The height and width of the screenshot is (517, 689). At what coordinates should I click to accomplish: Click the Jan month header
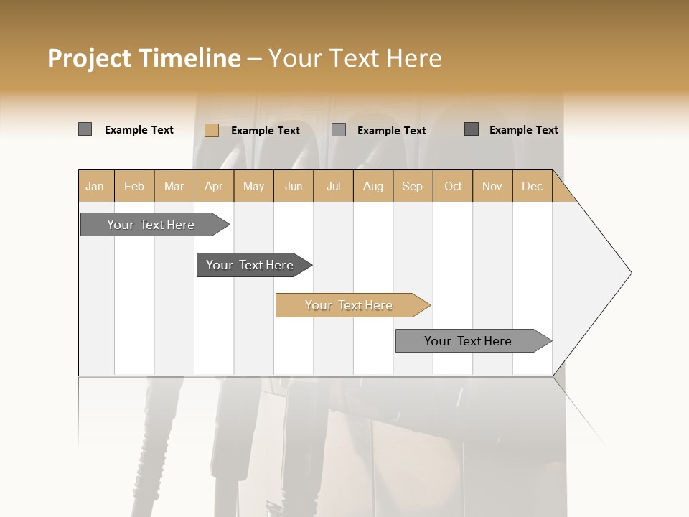[95, 186]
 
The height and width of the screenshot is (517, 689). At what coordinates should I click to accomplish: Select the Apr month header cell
[214, 186]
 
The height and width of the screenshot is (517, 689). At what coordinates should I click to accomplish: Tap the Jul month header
[334, 186]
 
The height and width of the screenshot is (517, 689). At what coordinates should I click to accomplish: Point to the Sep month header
[413, 186]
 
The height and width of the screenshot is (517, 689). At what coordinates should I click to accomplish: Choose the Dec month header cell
[533, 186]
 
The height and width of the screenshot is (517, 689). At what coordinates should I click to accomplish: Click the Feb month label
[134, 186]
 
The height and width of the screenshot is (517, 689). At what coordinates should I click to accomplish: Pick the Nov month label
[492, 186]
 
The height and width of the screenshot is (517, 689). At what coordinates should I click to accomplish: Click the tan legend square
[211, 130]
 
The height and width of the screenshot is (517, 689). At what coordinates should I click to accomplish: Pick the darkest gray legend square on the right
[472, 129]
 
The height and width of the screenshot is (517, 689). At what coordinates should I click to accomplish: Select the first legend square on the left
[85, 129]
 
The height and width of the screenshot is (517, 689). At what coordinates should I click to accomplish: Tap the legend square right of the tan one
[339, 130]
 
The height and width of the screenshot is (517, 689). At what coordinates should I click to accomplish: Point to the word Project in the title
[90, 58]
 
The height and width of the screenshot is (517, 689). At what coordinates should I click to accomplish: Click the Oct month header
[453, 186]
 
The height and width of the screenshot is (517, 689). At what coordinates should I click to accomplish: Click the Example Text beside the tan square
[266, 130]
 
